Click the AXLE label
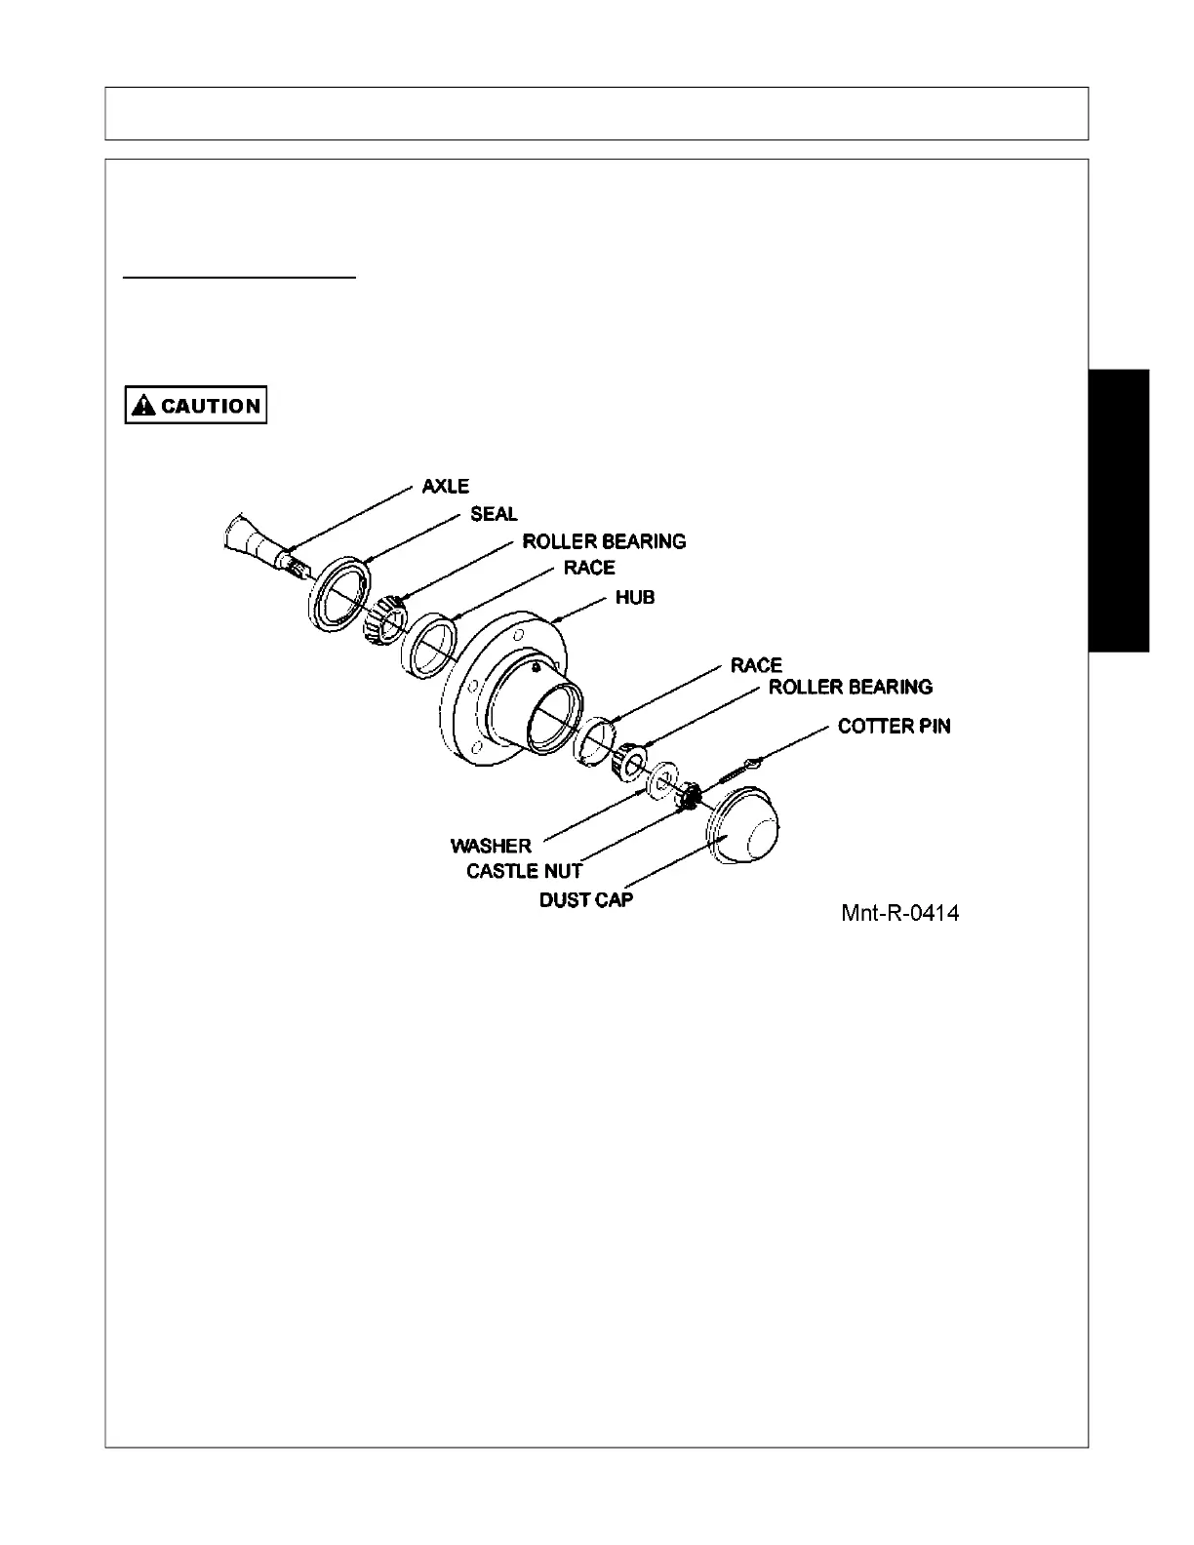click(x=445, y=486)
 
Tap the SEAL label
click(x=494, y=514)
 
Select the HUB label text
click(x=634, y=597)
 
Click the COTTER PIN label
click(x=894, y=727)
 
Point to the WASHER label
click(x=491, y=846)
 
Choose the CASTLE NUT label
click(x=524, y=871)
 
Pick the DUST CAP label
click(x=585, y=899)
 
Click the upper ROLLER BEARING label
click(x=604, y=541)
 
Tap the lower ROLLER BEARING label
click(x=850, y=688)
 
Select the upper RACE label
click(x=589, y=568)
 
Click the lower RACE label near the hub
click(x=756, y=665)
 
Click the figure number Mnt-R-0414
click(x=898, y=914)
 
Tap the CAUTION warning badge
click(x=196, y=406)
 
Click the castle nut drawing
click(x=689, y=795)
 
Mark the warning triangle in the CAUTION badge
click(x=144, y=406)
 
